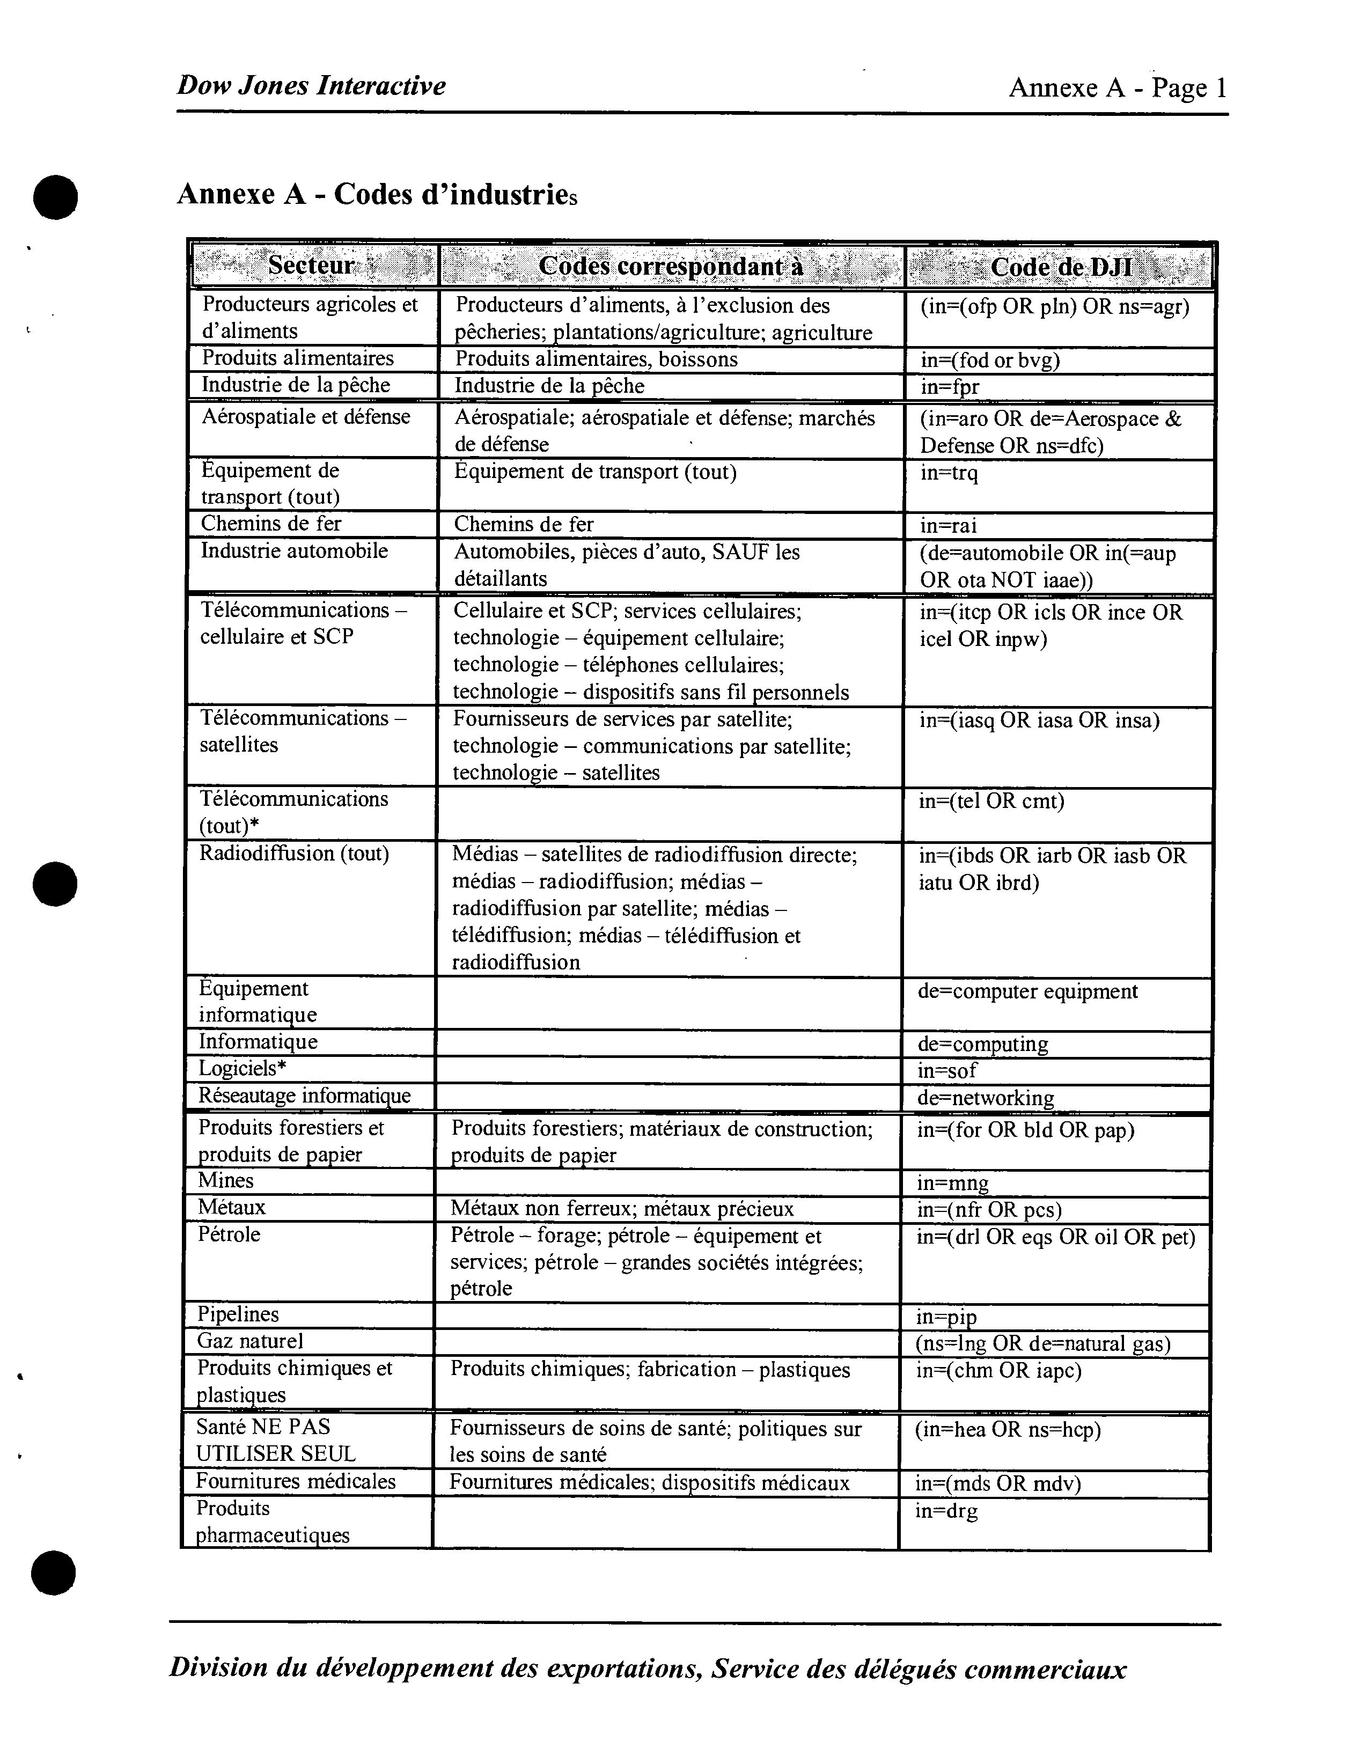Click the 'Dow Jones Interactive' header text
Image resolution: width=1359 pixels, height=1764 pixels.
coord(311,86)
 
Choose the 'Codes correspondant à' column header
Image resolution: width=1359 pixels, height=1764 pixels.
coord(670,266)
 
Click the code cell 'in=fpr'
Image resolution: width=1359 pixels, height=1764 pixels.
coord(950,387)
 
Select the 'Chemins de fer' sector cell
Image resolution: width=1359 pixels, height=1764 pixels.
coord(271,524)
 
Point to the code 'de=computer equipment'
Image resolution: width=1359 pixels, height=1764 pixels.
coord(1027,991)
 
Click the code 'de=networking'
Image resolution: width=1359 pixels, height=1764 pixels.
coord(985,1098)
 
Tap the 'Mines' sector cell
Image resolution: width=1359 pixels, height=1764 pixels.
coord(226,1181)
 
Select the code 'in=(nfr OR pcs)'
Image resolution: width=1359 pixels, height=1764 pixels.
coord(989,1210)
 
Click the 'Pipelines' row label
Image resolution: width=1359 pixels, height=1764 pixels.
coord(238,1314)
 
